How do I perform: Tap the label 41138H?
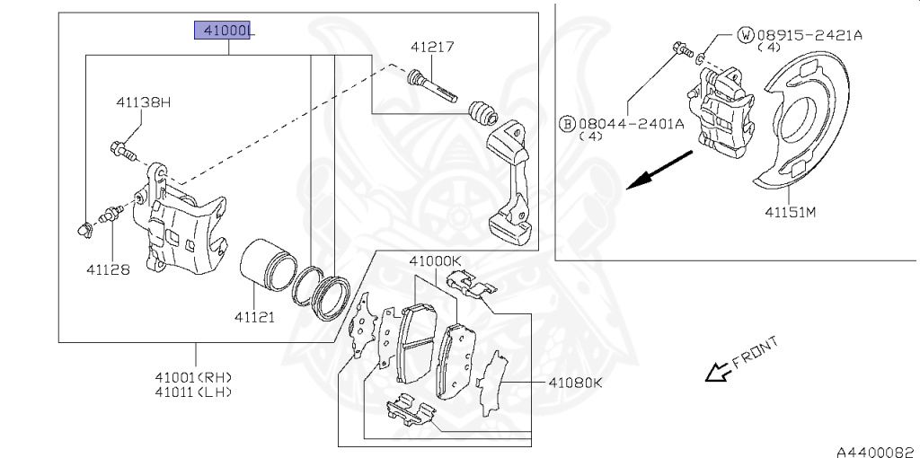(142, 102)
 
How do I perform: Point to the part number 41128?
(108, 269)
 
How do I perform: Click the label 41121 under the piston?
(256, 316)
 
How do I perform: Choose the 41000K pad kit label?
(435, 261)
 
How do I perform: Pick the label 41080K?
(574, 383)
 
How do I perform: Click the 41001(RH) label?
(193, 377)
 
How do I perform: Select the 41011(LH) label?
(193, 392)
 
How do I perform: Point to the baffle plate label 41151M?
(790, 213)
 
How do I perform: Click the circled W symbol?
(745, 35)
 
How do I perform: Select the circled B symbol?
(567, 123)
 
